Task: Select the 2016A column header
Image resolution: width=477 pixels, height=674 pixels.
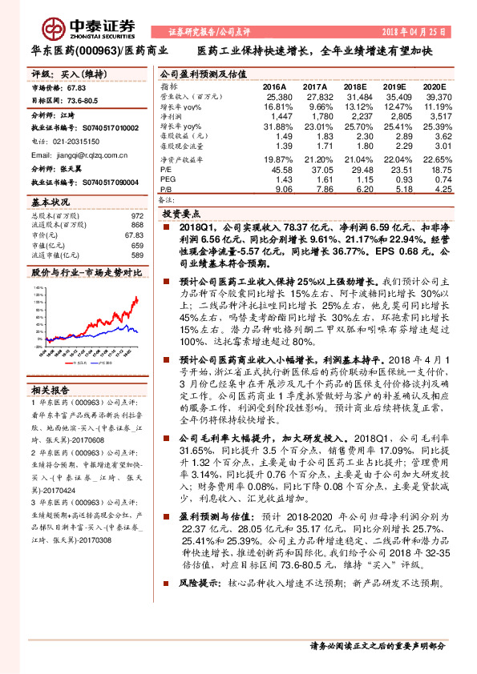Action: click(274, 85)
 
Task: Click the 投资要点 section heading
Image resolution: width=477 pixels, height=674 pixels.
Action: click(180, 215)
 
